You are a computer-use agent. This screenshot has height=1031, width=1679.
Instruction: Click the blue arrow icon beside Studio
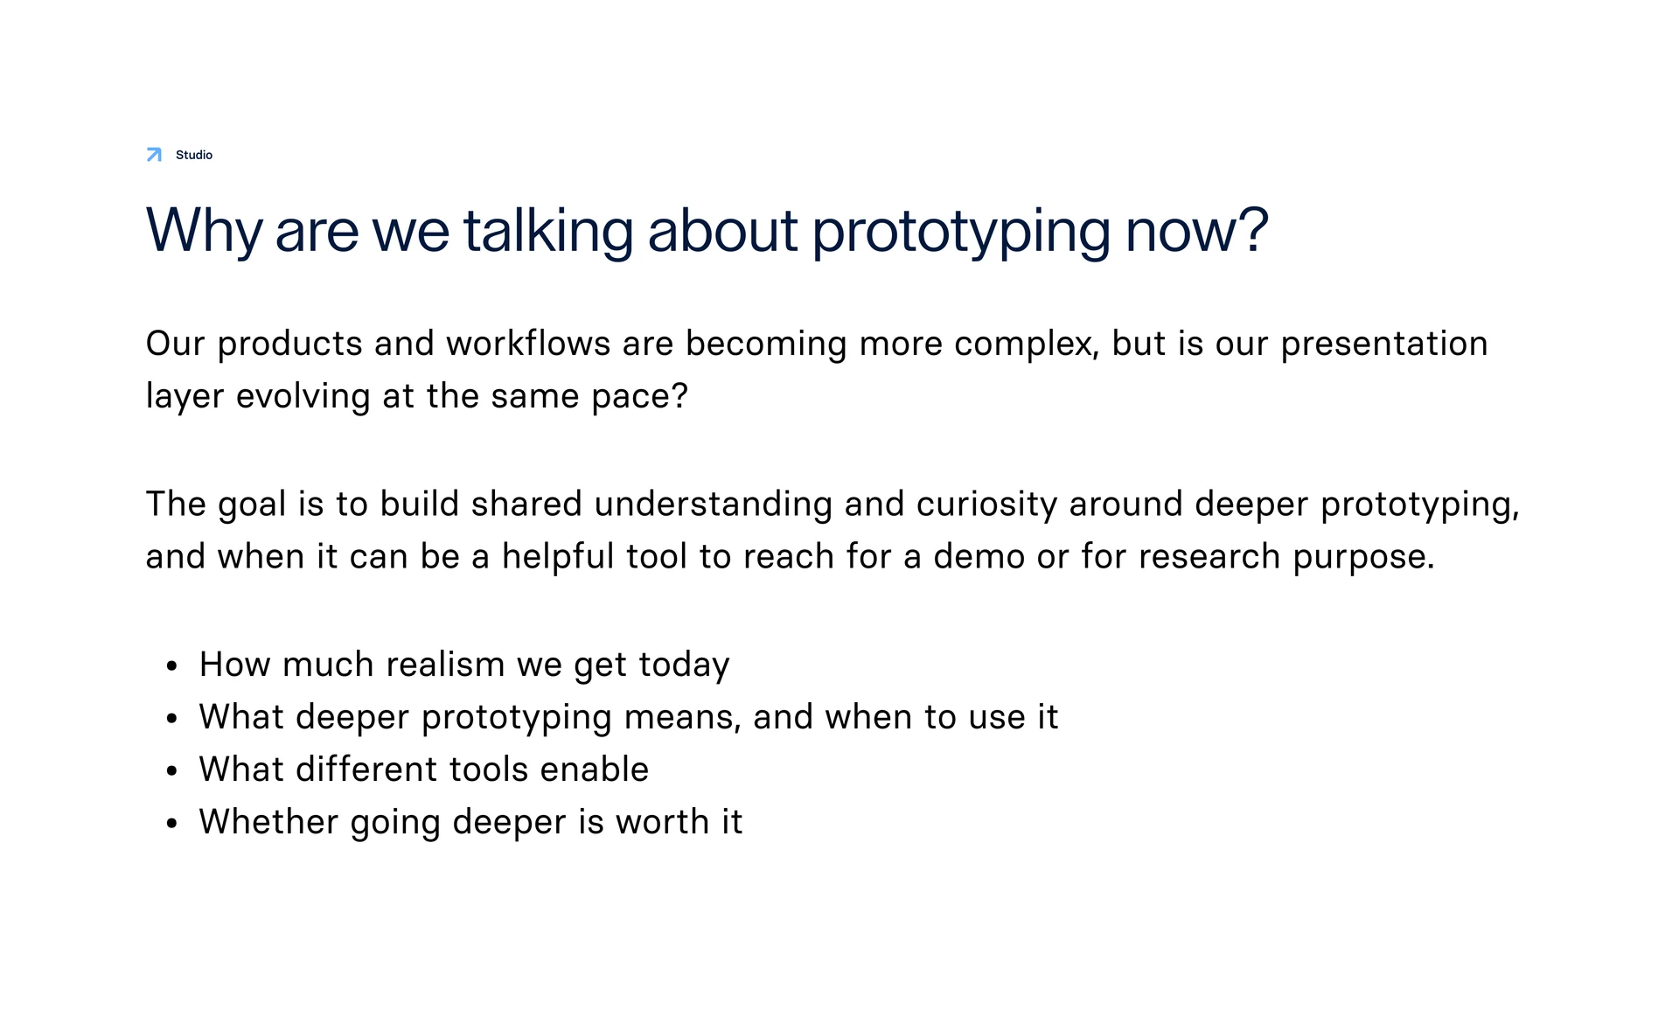click(154, 155)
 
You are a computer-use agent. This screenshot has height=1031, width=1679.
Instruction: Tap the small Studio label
click(194, 155)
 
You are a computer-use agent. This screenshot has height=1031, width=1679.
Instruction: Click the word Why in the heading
click(204, 232)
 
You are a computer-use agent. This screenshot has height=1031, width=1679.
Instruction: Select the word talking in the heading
click(547, 232)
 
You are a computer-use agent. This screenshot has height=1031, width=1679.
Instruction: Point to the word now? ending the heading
click(1196, 232)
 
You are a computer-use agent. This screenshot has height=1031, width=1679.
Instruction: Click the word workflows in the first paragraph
click(528, 344)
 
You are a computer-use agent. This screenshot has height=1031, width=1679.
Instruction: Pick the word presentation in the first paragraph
click(1384, 345)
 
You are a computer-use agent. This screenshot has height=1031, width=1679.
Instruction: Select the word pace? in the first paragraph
click(639, 397)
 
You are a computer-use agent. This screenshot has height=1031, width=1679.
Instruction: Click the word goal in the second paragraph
click(252, 505)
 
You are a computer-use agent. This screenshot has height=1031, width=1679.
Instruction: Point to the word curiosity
click(986, 505)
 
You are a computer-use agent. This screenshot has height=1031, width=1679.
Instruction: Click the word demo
click(979, 557)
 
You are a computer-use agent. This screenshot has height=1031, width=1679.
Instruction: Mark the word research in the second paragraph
click(1209, 557)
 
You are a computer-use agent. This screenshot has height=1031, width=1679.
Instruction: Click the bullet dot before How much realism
click(171, 666)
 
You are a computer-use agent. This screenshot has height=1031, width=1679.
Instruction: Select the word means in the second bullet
click(683, 718)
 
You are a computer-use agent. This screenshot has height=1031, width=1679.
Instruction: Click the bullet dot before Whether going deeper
click(171, 824)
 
